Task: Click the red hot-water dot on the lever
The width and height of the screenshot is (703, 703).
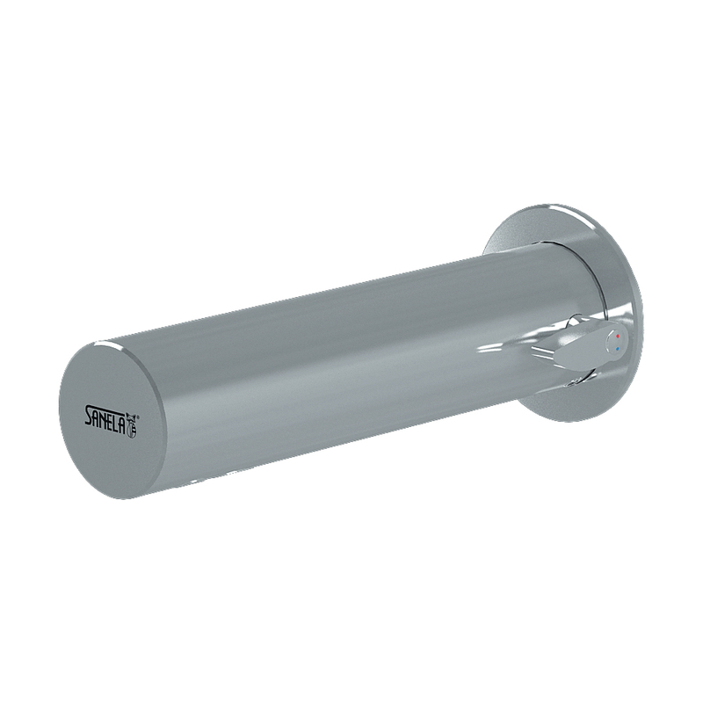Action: (619, 336)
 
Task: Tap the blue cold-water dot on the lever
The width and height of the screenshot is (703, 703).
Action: (619, 348)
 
